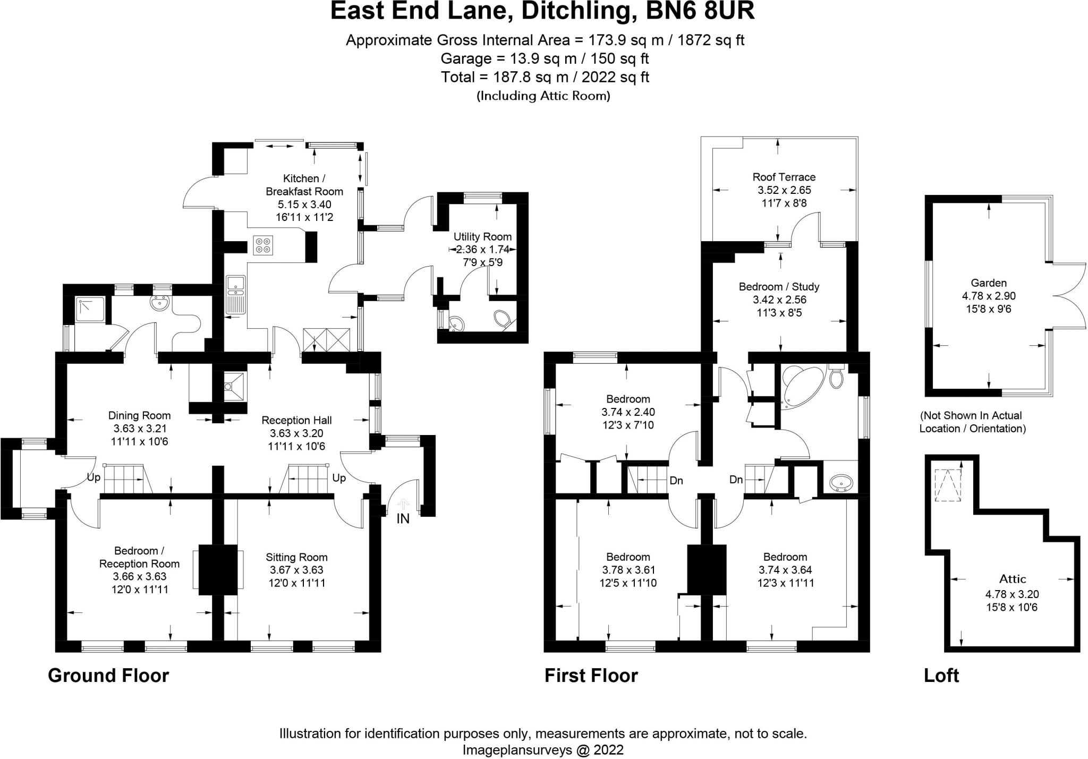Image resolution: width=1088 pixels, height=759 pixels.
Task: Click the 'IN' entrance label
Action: pyautogui.click(x=403, y=519)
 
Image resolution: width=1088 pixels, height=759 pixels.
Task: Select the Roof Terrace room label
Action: pyautogui.click(x=784, y=177)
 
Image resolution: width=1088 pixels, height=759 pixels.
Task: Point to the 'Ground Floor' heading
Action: pyautogui.click(x=108, y=676)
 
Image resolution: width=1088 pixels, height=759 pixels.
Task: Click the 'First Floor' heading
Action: pyautogui.click(x=591, y=676)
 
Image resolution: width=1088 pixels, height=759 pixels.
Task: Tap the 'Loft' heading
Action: pyautogui.click(x=941, y=676)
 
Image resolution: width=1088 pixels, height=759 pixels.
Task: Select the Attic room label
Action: pyautogui.click(x=1013, y=579)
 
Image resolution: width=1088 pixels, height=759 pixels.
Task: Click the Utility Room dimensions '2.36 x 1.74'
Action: pyautogui.click(x=482, y=250)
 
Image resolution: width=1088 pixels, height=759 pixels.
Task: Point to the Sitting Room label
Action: pyautogui.click(x=296, y=557)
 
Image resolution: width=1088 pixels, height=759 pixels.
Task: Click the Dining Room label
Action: pyautogui.click(x=139, y=416)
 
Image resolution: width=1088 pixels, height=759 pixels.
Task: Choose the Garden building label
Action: pyautogui.click(x=989, y=283)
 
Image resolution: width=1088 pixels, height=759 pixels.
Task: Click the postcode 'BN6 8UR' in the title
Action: pyautogui.click(x=700, y=11)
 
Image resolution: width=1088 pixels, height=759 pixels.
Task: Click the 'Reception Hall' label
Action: pyautogui.click(x=296, y=421)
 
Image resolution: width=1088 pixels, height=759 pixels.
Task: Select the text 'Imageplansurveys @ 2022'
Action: pyautogui.click(x=543, y=750)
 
